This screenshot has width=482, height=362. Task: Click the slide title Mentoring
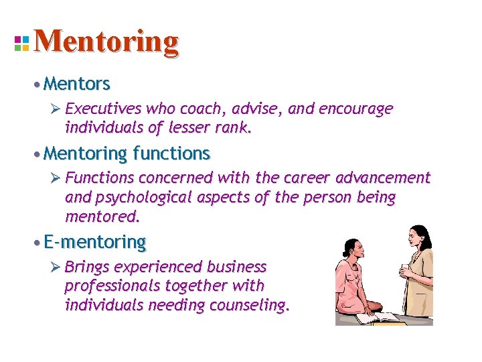coord(106,42)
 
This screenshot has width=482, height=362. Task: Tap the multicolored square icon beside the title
coord(21,43)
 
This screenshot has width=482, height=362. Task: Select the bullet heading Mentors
coord(76,84)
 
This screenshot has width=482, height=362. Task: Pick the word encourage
coord(359,109)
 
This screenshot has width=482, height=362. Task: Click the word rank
coord(236,127)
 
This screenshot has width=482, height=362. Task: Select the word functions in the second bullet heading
coord(171,154)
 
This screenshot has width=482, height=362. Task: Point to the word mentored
coord(102,217)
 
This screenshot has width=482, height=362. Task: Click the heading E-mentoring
coord(94,241)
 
